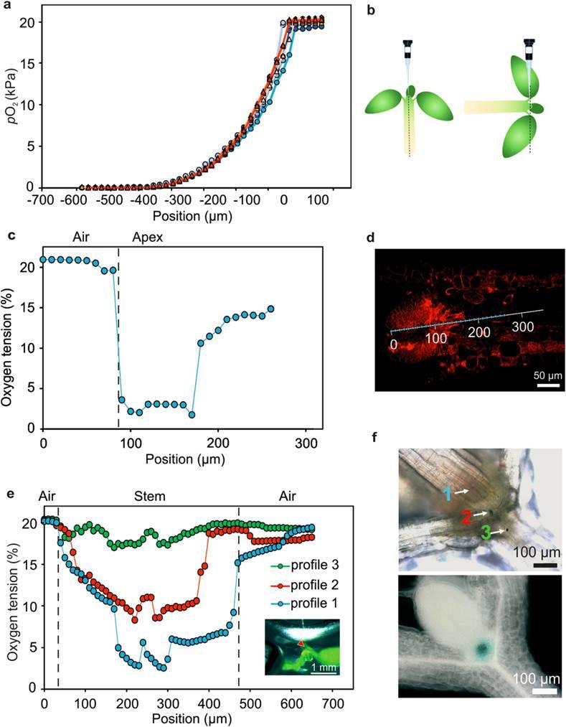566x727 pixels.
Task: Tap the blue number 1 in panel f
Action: [446, 492]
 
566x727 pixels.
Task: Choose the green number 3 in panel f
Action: [486, 532]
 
